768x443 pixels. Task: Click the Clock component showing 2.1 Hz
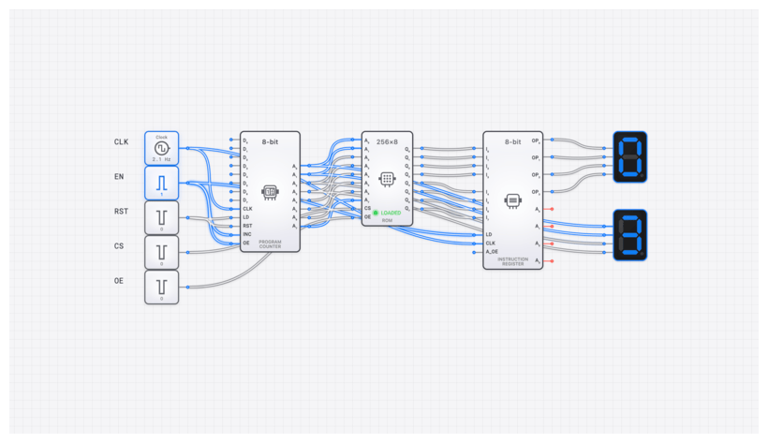pos(161,148)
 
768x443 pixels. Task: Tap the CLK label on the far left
pos(121,142)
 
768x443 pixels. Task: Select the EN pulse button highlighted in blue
pos(161,182)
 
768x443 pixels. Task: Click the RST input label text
pos(121,212)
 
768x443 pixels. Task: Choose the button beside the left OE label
pos(161,287)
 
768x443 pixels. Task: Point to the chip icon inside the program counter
pos(270,191)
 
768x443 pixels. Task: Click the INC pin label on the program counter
pos(247,234)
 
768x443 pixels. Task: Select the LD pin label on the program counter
pos(246,216)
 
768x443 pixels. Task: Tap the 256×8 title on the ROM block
pos(387,141)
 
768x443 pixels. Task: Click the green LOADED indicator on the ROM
pos(388,213)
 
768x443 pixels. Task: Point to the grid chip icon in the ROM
pos(387,178)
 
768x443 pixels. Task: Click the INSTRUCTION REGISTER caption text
pos(512,261)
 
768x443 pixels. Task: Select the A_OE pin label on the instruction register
pos(492,251)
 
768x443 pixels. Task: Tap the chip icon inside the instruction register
pos(512,200)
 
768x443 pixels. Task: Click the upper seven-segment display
pos(629,156)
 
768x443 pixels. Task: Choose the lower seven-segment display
pos(629,234)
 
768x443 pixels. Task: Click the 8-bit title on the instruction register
pos(512,141)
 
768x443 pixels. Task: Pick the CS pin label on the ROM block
pos(367,208)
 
